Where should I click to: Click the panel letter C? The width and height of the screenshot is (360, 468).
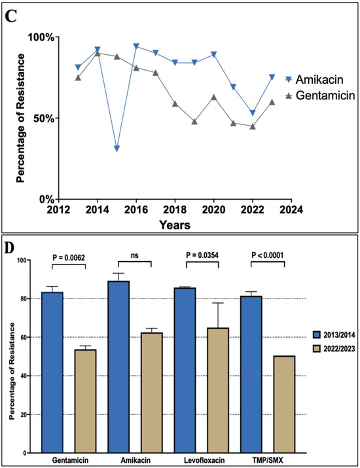pos(10,16)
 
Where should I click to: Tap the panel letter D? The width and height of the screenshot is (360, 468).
pos(11,248)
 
